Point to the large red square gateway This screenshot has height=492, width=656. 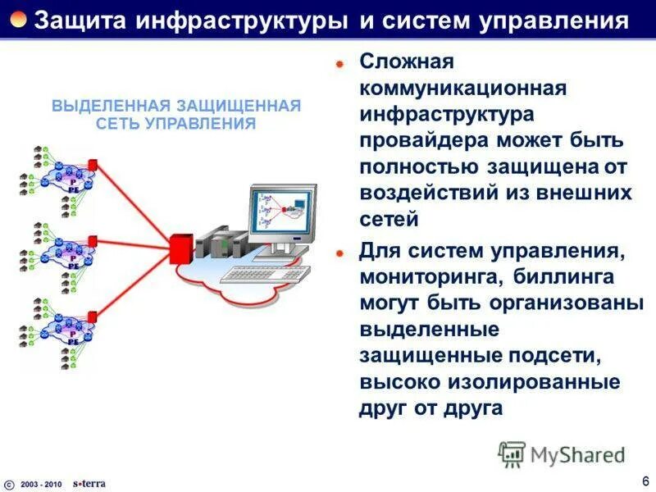coord(180,248)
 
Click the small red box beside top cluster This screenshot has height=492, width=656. coord(93,165)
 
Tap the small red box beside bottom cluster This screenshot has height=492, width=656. coord(93,316)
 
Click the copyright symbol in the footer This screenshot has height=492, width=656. coord(9,483)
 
